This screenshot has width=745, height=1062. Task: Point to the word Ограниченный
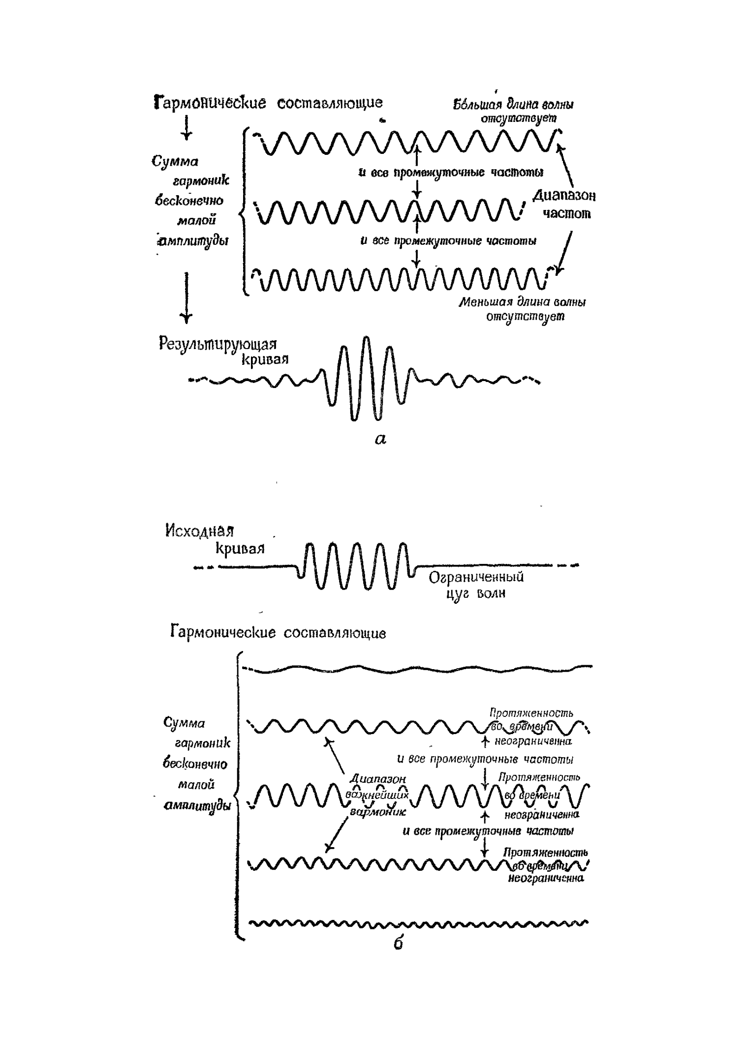476,577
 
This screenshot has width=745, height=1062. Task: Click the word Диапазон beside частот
564,196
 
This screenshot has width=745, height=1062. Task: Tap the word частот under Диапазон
567,214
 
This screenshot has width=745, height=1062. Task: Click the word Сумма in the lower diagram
184,723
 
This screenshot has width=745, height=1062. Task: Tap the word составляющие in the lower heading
335,633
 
